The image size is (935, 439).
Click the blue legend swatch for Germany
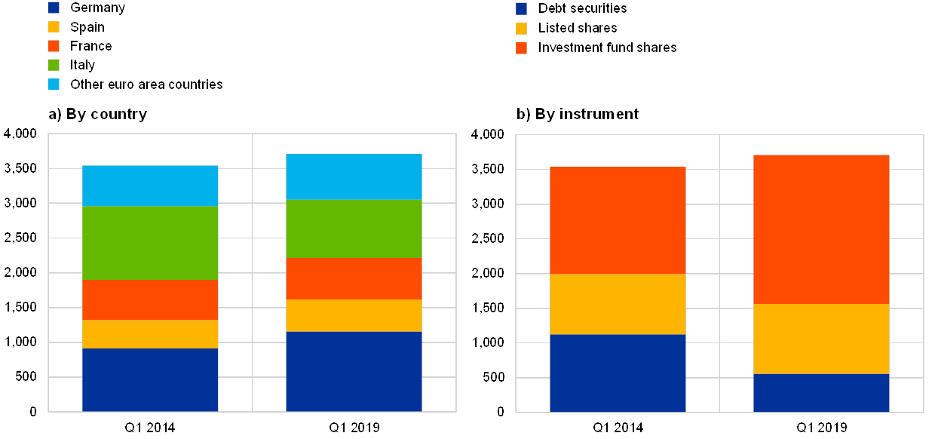coord(54,8)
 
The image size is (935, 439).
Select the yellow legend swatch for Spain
coord(54,27)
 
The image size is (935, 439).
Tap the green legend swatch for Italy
coord(54,65)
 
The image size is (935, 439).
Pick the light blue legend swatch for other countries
coord(54,84)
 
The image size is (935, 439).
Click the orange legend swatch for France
coord(54,46)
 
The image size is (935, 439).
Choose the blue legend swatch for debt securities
coord(521,9)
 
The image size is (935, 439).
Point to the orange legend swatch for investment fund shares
coord(521,48)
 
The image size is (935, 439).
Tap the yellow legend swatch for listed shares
coord(521,29)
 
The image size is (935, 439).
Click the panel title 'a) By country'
coord(98,115)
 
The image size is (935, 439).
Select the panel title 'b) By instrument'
coord(578,115)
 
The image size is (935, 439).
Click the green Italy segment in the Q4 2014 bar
coord(150,243)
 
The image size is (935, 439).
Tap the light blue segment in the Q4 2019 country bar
coord(354,177)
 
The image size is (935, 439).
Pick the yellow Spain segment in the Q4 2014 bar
coord(150,333)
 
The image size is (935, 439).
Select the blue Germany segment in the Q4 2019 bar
coord(354,371)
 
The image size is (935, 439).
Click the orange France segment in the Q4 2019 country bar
coord(354,278)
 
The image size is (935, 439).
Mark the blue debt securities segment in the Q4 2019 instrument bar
coord(821,392)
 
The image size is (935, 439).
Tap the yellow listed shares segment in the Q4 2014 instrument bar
coord(618,303)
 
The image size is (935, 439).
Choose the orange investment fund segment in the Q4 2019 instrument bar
coord(821,229)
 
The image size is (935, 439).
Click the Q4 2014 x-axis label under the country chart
coord(150,428)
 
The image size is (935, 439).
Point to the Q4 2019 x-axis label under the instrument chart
coord(821,428)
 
